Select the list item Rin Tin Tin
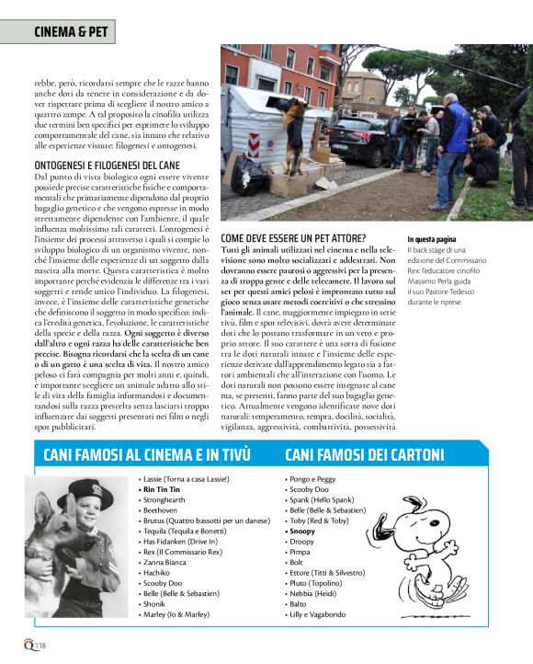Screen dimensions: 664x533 (161, 490)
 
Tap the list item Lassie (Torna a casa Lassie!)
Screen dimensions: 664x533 (186, 479)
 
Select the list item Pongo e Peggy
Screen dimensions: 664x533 (312, 479)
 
